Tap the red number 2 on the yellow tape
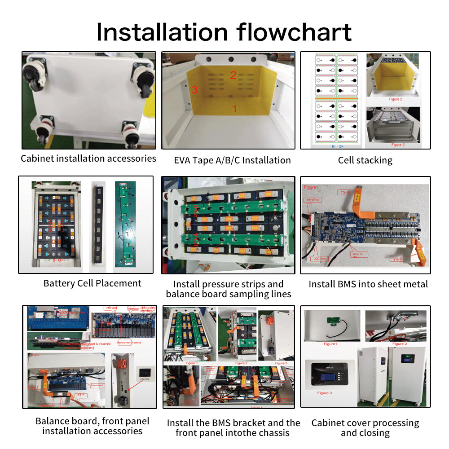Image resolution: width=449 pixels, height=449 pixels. [x=233, y=75]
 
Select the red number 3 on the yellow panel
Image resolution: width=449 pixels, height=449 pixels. [x=194, y=90]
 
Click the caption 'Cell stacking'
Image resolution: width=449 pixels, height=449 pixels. [x=365, y=160]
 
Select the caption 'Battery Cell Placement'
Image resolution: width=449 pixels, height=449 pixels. [x=92, y=283]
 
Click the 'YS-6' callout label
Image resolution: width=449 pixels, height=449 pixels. [x=344, y=192]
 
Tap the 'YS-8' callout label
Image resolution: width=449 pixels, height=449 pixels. [x=397, y=259]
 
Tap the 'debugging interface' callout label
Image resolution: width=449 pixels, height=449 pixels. [x=148, y=310]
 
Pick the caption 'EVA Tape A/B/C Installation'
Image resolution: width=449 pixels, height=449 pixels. [x=232, y=160]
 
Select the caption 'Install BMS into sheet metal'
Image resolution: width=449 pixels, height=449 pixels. [x=368, y=284]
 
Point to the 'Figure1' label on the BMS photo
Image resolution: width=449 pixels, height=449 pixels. [x=311, y=187]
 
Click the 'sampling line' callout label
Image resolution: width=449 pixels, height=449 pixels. [x=311, y=201]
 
